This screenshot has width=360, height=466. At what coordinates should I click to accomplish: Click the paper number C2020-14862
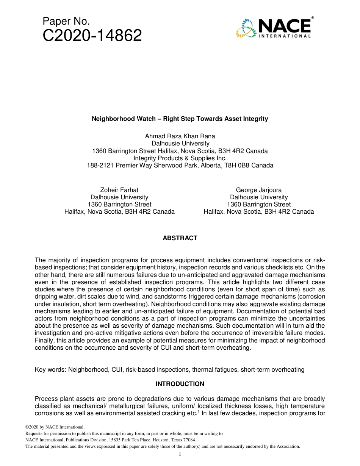(92, 36)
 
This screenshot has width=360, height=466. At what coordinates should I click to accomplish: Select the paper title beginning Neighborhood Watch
(180, 119)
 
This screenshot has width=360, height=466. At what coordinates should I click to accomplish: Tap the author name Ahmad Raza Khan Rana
(180, 136)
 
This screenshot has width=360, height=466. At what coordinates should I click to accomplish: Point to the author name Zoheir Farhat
(119, 190)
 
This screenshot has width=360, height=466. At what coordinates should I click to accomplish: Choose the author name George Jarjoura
(258, 190)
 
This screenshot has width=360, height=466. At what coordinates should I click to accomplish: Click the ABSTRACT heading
(180, 238)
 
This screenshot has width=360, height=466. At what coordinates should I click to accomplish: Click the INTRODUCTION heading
(180, 384)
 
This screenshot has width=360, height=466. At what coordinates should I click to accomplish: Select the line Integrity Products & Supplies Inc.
(180, 158)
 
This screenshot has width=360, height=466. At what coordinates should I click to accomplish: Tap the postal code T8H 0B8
(236, 166)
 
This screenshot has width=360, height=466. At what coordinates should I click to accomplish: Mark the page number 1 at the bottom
(180, 454)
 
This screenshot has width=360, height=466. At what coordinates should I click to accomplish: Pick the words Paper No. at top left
(66, 21)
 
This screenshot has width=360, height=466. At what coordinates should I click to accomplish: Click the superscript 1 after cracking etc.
(198, 411)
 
